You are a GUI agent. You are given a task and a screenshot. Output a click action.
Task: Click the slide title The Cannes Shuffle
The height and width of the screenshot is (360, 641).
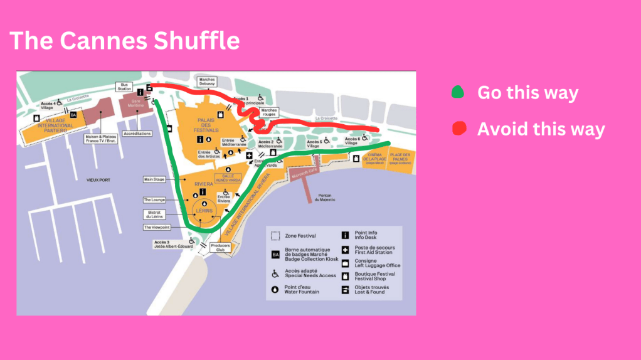[x=125, y=41]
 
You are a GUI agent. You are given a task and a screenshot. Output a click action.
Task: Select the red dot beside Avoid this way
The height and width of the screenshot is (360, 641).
[x=459, y=129]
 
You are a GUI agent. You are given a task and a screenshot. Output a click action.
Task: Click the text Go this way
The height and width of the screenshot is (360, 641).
[x=527, y=93]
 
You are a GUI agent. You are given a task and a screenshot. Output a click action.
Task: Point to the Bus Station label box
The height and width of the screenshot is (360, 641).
[x=124, y=87]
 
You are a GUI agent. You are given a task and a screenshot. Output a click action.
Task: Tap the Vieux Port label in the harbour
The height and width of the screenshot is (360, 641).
[x=98, y=180]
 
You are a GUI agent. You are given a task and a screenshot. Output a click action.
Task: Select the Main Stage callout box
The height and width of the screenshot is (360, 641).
[x=154, y=179]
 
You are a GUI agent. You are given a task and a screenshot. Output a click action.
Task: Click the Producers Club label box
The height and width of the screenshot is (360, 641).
[x=220, y=246]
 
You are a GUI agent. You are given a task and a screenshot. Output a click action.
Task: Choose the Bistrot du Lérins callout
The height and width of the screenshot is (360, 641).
[x=154, y=214]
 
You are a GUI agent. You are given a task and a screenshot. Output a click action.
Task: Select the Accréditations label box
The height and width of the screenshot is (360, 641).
[x=137, y=133]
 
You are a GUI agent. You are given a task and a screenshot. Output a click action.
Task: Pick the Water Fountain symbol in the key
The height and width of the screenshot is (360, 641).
[x=275, y=289]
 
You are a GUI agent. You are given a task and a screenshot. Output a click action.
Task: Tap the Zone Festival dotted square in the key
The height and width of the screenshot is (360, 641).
[x=275, y=236]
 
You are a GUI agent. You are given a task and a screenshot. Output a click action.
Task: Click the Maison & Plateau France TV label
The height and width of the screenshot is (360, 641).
[x=100, y=139]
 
